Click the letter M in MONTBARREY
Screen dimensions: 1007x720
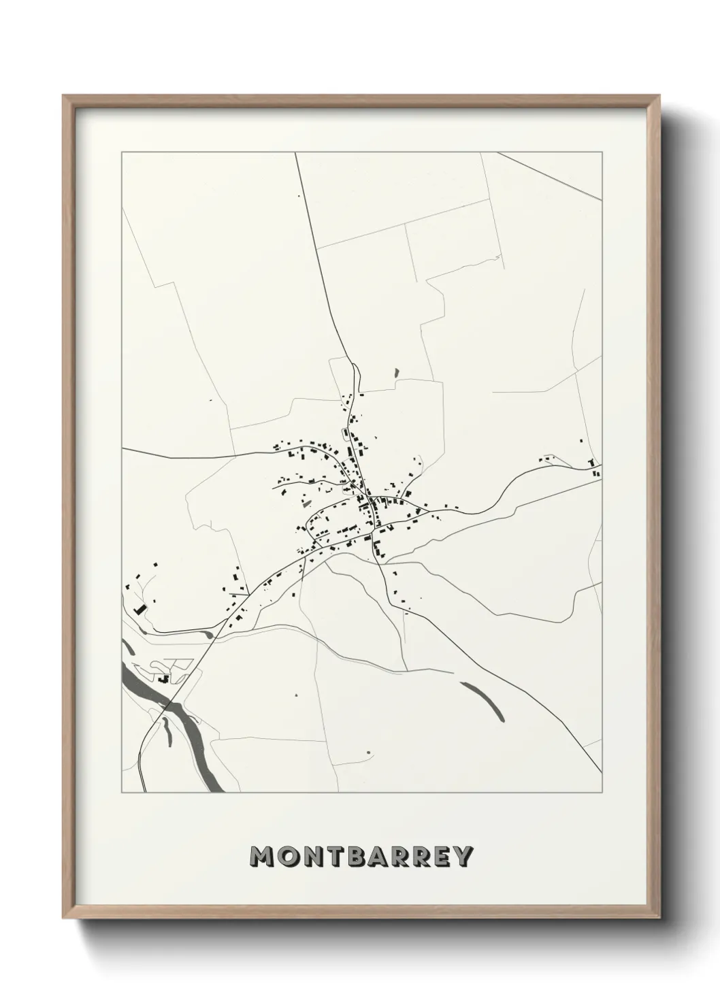(263, 857)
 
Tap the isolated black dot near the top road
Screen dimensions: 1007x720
(297, 197)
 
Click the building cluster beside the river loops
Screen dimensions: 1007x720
(163, 678)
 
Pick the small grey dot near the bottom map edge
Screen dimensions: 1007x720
(367, 752)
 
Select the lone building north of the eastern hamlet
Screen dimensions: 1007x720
(581, 441)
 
